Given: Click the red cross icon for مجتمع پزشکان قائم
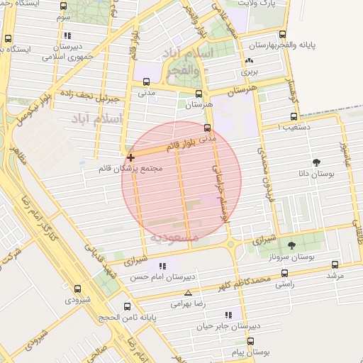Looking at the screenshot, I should pyautogui.click(x=130, y=157).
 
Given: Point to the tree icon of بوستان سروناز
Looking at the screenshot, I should pyautogui.click(x=291, y=245).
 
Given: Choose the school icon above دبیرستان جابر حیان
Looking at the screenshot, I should pyautogui.click(x=228, y=315).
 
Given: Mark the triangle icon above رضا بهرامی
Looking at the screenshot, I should pyautogui.click(x=188, y=293).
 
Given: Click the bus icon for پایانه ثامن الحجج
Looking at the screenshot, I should pyautogui.click(x=127, y=307).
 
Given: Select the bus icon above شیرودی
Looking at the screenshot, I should pyautogui.click(x=77, y=289).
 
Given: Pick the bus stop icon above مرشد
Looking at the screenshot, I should pyautogui.click(x=335, y=264).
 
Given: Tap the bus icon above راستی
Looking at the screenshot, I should pyautogui.click(x=284, y=273).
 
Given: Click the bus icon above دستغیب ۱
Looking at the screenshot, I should pyautogui.click(x=293, y=117).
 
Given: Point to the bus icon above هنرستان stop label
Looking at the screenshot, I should pyautogui.click(x=199, y=94).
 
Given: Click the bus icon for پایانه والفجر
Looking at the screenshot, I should pyautogui.click(x=284, y=34).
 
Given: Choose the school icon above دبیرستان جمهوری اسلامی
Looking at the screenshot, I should pyautogui.click(x=67, y=35).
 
